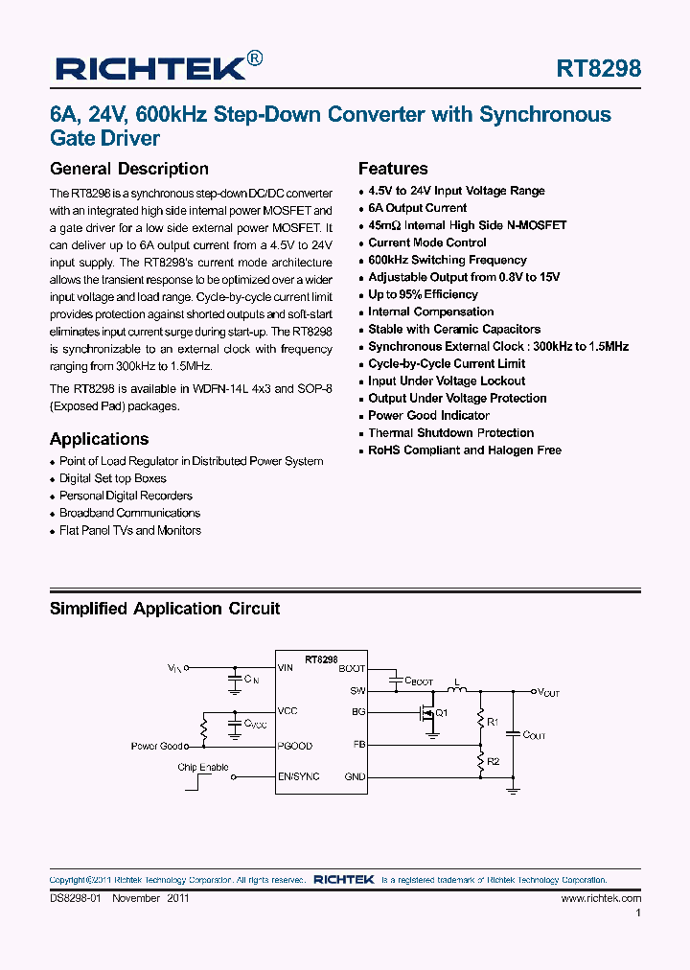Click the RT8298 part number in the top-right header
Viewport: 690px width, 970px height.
click(598, 69)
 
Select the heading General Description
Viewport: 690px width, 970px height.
click(129, 169)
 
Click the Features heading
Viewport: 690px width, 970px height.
click(393, 169)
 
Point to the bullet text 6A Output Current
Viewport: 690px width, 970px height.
click(418, 208)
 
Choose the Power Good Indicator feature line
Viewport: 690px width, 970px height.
click(428, 415)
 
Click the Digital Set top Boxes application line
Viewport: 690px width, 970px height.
click(113, 478)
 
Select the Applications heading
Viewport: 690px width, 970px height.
click(100, 439)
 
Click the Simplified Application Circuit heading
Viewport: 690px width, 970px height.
click(165, 609)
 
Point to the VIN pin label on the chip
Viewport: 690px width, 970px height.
click(286, 667)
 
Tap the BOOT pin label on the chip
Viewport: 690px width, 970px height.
click(352, 668)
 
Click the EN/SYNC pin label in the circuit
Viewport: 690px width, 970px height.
click(298, 776)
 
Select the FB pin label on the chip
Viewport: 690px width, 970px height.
click(358, 743)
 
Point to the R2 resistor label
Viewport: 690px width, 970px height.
click(494, 761)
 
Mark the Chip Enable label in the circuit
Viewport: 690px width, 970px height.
click(203, 768)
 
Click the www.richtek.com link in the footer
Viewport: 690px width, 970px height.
click(601, 898)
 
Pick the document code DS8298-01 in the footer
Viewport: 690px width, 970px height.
click(76, 898)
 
